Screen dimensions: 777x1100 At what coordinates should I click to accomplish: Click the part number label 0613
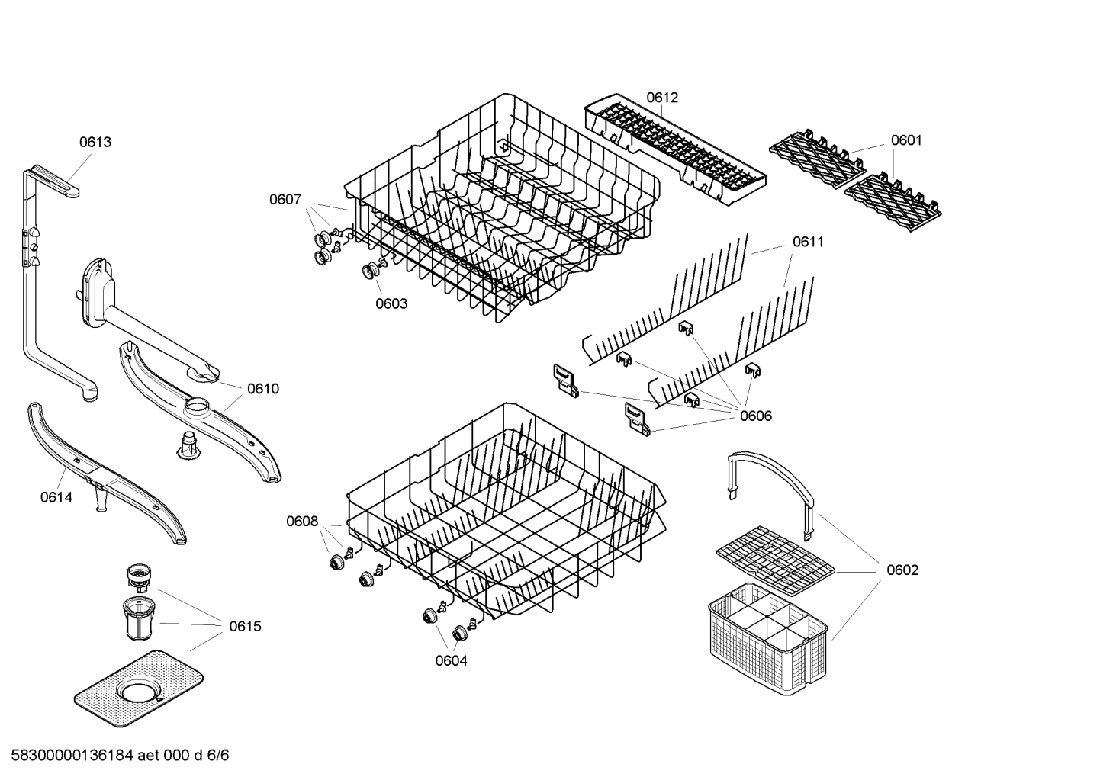pyautogui.click(x=95, y=142)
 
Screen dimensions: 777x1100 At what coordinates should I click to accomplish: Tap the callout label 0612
pyautogui.click(x=661, y=98)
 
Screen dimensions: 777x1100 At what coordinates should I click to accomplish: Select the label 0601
pyautogui.click(x=906, y=140)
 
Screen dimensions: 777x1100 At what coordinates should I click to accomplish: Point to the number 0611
pyautogui.click(x=808, y=242)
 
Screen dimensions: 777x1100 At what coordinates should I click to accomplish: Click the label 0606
pyautogui.click(x=755, y=416)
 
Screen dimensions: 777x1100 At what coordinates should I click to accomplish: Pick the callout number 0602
pyautogui.click(x=902, y=570)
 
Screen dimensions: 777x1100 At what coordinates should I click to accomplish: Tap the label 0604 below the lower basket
pyautogui.click(x=451, y=660)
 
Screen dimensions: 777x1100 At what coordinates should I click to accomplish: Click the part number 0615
pyautogui.click(x=245, y=626)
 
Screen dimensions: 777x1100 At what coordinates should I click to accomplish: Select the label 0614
pyautogui.click(x=56, y=497)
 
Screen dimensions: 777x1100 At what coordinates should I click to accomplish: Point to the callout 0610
pyautogui.click(x=263, y=389)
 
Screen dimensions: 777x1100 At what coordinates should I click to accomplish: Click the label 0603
pyautogui.click(x=391, y=303)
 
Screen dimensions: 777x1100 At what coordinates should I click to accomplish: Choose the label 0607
pyautogui.click(x=285, y=200)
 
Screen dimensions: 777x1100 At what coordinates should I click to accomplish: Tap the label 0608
pyautogui.click(x=302, y=522)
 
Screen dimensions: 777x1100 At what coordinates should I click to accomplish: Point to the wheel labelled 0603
pyautogui.click(x=371, y=270)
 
